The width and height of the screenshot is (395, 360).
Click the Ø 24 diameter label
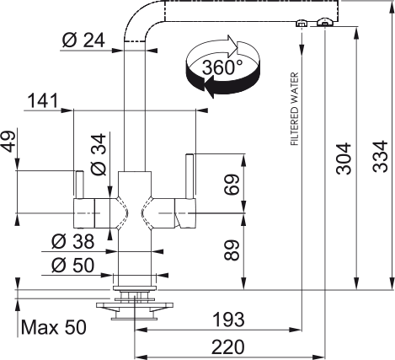(83, 40)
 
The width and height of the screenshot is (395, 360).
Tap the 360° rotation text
(222, 67)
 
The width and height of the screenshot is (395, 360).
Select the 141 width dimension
(43, 100)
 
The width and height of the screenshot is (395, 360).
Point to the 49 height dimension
(8, 142)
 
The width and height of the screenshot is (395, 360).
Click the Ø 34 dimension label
(99, 154)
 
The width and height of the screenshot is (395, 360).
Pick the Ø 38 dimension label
(73, 241)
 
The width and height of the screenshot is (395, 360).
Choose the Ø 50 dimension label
(73, 265)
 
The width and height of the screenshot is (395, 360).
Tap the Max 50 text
(54, 327)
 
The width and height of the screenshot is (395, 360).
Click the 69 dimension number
(232, 185)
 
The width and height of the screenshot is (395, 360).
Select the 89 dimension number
(232, 250)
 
